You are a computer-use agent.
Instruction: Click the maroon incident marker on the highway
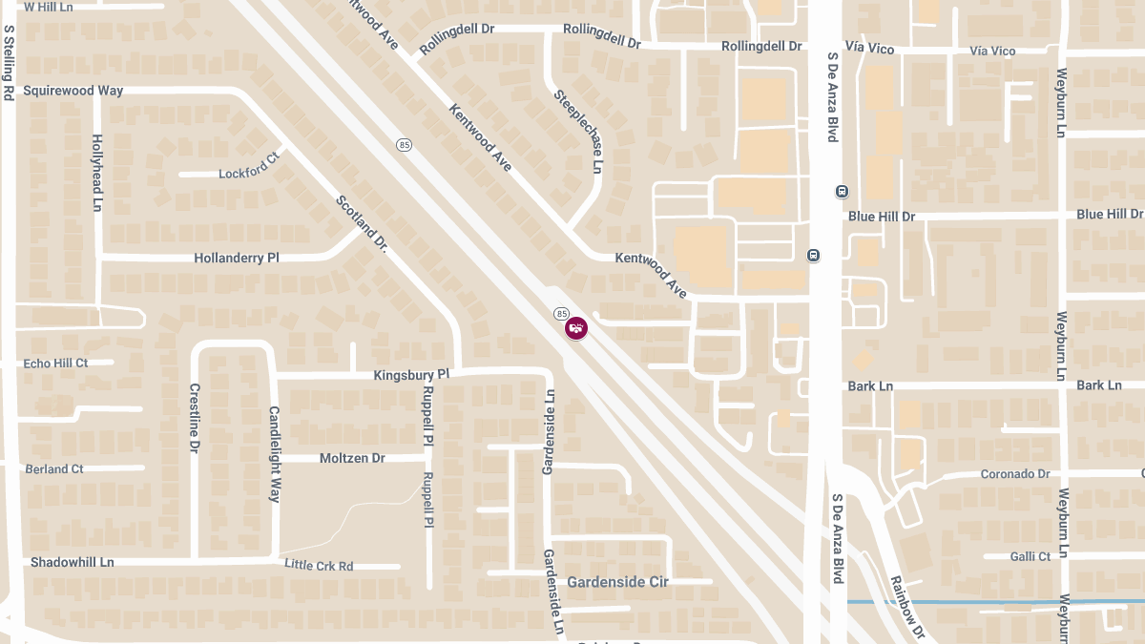tap(576, 328)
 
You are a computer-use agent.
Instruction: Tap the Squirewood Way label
tap(73, 91)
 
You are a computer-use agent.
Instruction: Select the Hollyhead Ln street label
tap(96, 172)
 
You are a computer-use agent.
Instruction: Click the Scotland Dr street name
tap(361, 223)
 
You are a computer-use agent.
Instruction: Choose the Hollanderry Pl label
tap(236, 258)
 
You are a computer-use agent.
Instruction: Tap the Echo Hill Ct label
tap(55, 364)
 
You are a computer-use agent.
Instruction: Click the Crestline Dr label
tap(194, 417)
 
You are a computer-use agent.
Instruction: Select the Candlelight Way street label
tap(274, 454)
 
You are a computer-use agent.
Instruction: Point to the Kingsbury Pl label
tap(411, 375)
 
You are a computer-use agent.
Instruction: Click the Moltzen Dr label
tap(352, 458)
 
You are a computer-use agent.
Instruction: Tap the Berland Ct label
tap(54, 468)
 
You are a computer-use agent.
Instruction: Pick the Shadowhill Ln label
tap(72, 562)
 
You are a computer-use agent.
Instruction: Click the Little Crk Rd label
tap(319, 566)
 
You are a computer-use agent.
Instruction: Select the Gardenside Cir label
tap(617, 581)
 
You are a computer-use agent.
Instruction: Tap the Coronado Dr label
tap(1015, 474)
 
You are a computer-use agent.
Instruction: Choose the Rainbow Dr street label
tap(906, 607)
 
